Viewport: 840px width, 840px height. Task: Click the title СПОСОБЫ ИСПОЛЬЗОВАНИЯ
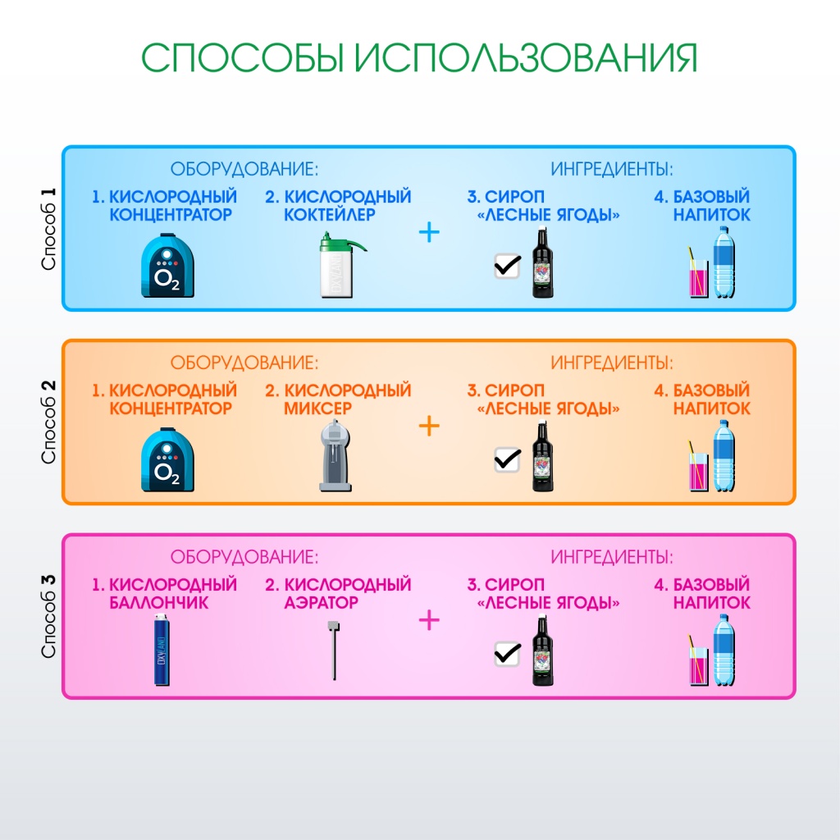419,58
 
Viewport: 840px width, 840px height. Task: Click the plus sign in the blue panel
429,233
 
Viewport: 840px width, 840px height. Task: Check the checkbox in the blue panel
507,265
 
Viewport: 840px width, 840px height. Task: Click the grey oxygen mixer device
336,456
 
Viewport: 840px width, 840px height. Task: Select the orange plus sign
429,427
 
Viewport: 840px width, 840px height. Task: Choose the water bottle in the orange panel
724,456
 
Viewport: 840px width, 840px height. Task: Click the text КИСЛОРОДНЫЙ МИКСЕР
337,399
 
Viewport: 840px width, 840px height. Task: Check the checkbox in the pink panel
507,653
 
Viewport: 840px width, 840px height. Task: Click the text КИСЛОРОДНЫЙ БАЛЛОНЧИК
163,593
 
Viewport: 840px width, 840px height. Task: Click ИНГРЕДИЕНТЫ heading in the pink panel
612,558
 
